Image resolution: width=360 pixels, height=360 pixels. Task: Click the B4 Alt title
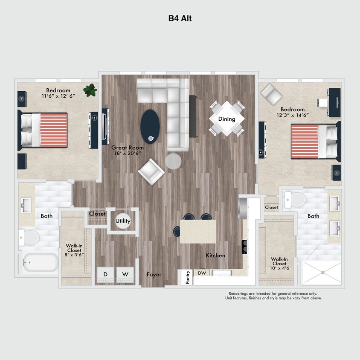[180, 19]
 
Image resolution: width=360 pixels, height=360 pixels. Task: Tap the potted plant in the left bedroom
[90, 90]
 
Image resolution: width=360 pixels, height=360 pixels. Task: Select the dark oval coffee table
[150, 126]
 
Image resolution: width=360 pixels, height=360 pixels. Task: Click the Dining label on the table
[226, 119]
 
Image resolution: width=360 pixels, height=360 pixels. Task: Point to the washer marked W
[125, 274]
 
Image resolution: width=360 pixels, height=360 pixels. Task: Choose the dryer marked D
[105, 274]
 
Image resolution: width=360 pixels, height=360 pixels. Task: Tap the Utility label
[123, 221]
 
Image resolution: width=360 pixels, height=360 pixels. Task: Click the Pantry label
[188, 278]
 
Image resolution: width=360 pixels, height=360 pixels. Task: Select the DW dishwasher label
[202, 273]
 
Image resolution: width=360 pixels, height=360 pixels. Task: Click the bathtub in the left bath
[41, 263]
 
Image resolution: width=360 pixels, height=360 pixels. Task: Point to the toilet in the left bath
[30, 237]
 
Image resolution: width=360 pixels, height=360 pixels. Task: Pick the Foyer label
[154, 274]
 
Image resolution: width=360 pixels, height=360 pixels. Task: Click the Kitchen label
[215, 255]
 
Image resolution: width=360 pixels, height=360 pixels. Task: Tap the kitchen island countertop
[197, 231]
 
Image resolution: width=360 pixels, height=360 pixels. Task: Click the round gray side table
[173, 161]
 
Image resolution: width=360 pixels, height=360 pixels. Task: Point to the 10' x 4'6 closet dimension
[279, 269]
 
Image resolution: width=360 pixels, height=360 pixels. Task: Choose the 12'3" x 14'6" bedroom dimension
[293, 115]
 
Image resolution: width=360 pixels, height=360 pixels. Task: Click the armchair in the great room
[151, 171]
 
